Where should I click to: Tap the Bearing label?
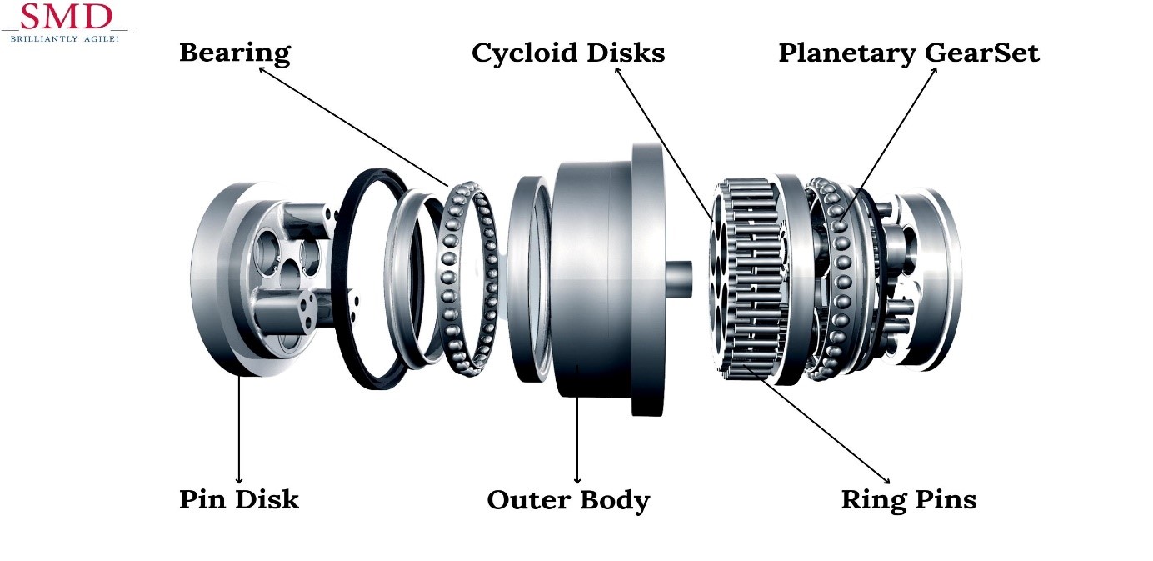point(235,53)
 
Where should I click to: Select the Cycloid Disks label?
point(568,53)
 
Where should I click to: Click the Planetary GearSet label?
point(909,53)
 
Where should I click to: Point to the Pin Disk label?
point(239,500)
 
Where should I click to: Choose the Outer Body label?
point(568,501)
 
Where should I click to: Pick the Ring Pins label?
point(909,500)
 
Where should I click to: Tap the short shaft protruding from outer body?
point(679,278)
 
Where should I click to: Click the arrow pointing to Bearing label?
point(354,126)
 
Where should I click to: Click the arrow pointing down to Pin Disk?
point(239,429)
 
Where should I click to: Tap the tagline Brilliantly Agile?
point(65,38)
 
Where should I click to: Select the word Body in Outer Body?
point(617,501)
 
